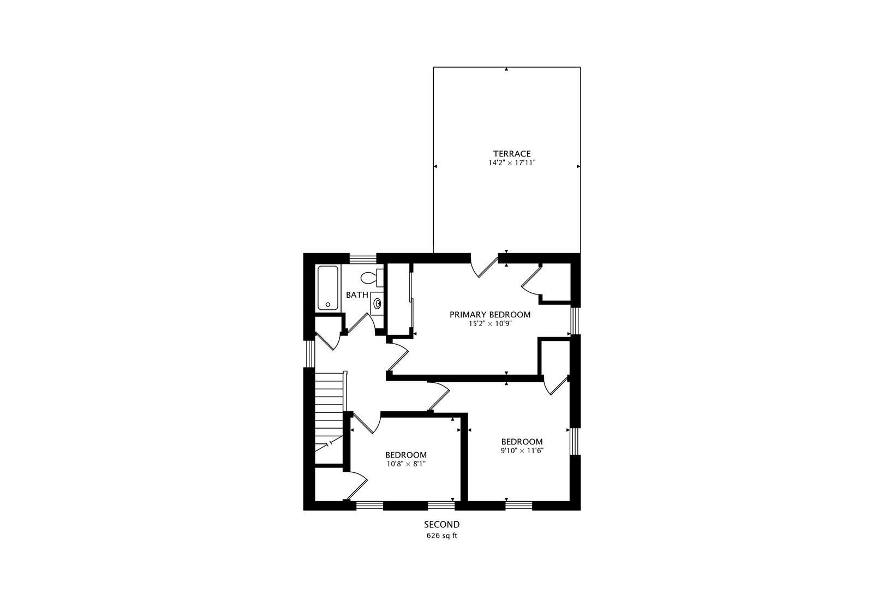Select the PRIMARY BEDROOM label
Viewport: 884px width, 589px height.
(489, 315)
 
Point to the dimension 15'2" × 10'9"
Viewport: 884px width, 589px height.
(489, 323)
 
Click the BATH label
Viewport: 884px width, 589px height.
(357, 295)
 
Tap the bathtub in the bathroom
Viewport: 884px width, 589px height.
(328, 288)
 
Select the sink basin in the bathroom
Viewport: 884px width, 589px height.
(377, 303)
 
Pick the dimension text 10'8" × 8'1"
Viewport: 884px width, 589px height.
(405, 464)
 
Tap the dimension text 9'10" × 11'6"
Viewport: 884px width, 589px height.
(522, 450)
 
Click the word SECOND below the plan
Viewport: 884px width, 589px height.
(441, 525)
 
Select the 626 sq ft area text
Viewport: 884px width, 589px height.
(441, 536)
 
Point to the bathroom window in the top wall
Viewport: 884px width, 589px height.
(363, 259)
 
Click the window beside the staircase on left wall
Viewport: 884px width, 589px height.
(309, 354)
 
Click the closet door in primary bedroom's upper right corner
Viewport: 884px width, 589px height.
(530, 281)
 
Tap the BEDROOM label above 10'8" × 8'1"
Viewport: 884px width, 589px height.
(405, 455)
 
